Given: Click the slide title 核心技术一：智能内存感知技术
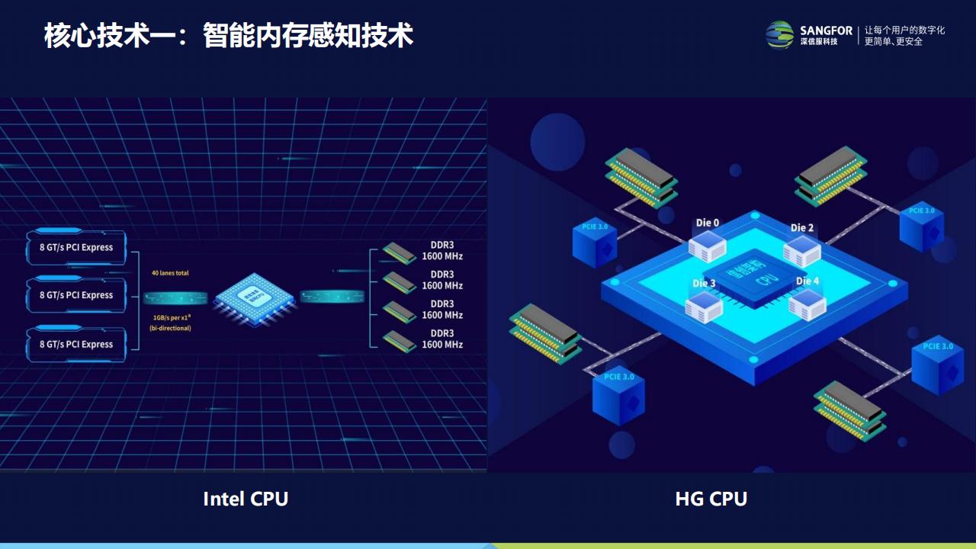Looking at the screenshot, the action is point(229,36).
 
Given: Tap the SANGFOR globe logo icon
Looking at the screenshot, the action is point(780,34).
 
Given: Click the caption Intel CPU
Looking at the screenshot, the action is point(246,499).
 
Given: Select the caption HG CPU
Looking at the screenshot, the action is point(711,499).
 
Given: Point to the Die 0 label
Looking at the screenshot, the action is point(707,223).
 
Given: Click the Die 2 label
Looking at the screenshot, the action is point(801,228).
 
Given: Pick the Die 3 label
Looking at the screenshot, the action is point(704,284).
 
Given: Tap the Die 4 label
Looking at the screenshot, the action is point(807,281).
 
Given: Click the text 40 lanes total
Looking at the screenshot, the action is point(170,273).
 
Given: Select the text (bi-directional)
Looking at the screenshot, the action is point(170,328).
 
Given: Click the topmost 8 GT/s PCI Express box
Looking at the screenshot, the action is point(76,247).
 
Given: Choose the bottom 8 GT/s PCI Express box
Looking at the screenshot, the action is point(76,344).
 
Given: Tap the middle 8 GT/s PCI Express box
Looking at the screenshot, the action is point(76,295).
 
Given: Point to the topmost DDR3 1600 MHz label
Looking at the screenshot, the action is point(442,251).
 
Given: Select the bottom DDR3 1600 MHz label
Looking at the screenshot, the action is point(442,339).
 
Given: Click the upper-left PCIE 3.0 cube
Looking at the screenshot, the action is point(595,242).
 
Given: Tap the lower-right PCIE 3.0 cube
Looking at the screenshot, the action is point(937,366).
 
